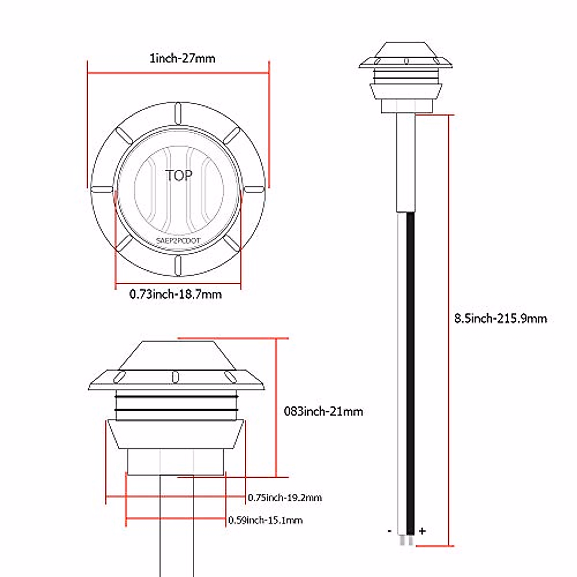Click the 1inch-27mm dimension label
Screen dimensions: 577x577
pyautogui.click(x=182, y=58)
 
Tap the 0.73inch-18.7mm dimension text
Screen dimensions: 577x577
pyautogui.click(x=176, y=294)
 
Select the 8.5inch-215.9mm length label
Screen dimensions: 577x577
pyautogui.click(x=501, y=318)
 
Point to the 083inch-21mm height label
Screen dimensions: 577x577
pyautogui.click(x=324, y=412)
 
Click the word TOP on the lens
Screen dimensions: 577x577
pyautogui.click(x=179, y=176)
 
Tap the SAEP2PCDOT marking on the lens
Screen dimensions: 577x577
pyautogui.click(x=178, y=240)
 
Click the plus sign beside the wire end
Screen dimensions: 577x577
pyautogui.click(x=422, y=531)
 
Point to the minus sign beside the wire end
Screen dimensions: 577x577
pyautogui.click(x=389, y=531)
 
